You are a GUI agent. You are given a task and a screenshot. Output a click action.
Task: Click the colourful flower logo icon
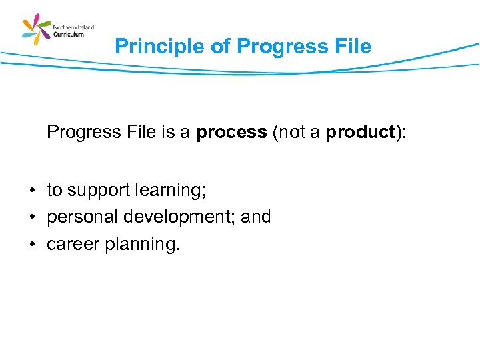click(x=37, y=29)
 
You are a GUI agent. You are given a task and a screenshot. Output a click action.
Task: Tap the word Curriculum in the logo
click(x=69, y=34)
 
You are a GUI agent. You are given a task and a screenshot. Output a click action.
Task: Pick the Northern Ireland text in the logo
click(x=73, y=27)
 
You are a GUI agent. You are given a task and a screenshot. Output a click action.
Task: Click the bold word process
click(x=231, y=133)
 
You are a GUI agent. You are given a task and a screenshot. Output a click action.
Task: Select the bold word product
click(x=361, y=133)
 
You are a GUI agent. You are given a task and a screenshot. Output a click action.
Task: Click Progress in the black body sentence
click(x=84, y=133)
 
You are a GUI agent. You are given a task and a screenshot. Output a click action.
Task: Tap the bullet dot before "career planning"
click(x=32, y=245)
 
